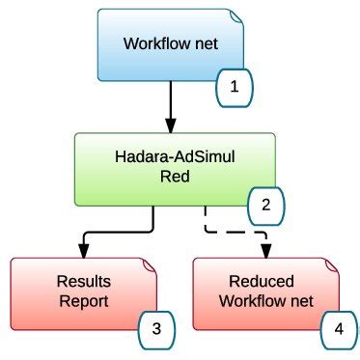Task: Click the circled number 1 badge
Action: click(x=233, y=90)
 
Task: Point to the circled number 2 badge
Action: click(x=267, y=205)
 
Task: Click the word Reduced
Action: click(x=266, y=282)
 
